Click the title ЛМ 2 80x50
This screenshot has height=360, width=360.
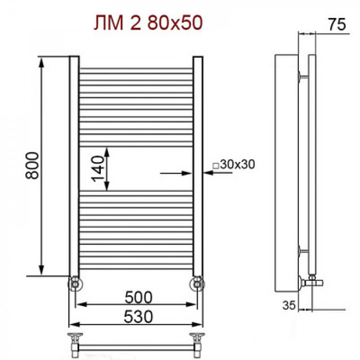[x=148, y=23]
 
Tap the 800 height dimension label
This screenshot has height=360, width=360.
[x=32, y=165]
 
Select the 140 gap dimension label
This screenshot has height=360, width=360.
[x=98, y=169]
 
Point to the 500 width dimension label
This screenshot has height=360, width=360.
[x=138, y=297]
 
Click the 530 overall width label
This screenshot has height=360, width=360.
[x=138, y=317]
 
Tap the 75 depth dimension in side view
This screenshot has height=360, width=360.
[x=337, y=24]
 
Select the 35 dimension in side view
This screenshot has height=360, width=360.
[x=289, y=305]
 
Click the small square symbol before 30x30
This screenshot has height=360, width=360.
[x=215, y=166]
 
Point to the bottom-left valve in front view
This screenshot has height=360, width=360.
[x=75, y=284]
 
